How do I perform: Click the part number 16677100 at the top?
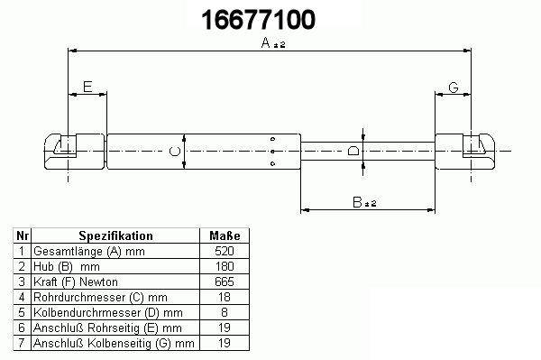[258, 19]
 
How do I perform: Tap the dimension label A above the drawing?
[266, 42]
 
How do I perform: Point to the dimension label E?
[87, 87]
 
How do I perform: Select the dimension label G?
[454, 88]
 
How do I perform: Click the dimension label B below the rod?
[357, 202]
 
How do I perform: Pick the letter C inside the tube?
[175, 152]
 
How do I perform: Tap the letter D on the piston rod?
[353, 151]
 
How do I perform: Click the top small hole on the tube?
[272, 139]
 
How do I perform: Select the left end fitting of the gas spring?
[74, 152]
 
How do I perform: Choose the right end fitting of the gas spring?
[464, 152]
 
